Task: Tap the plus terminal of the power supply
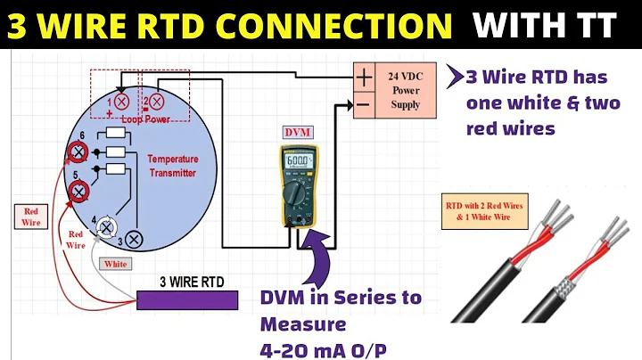365,77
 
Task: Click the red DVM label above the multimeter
296,132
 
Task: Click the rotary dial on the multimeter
296,193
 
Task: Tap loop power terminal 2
155,102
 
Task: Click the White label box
116,264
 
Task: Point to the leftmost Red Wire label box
30,217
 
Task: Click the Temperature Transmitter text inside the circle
172,165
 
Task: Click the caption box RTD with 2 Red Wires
486,212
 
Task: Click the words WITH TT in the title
544,25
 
